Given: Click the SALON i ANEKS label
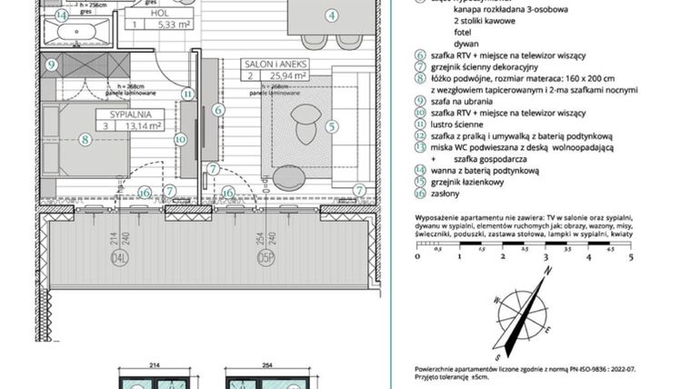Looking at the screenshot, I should point(275,65).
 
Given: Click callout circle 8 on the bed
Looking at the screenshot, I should point(85,139).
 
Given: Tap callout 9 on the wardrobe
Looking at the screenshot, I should point(50,64).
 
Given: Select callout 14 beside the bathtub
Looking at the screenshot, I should point(61,15).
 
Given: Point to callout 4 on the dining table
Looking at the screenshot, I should point(331,15).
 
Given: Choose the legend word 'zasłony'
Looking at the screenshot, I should point(447,193).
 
